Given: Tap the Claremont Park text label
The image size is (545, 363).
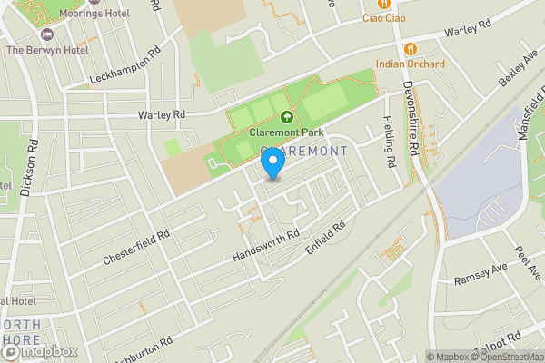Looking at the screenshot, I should (x=287, y=132).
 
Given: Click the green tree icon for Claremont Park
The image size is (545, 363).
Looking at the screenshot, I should (x=287, y=116).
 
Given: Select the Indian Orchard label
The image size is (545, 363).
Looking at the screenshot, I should (x=411, y=64).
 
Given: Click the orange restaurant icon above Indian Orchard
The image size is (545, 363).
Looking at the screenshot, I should (x=411, y=48).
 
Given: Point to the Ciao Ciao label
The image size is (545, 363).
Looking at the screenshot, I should (x=383, y=17).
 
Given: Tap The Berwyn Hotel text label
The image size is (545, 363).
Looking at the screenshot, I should (x=47, y=50).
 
